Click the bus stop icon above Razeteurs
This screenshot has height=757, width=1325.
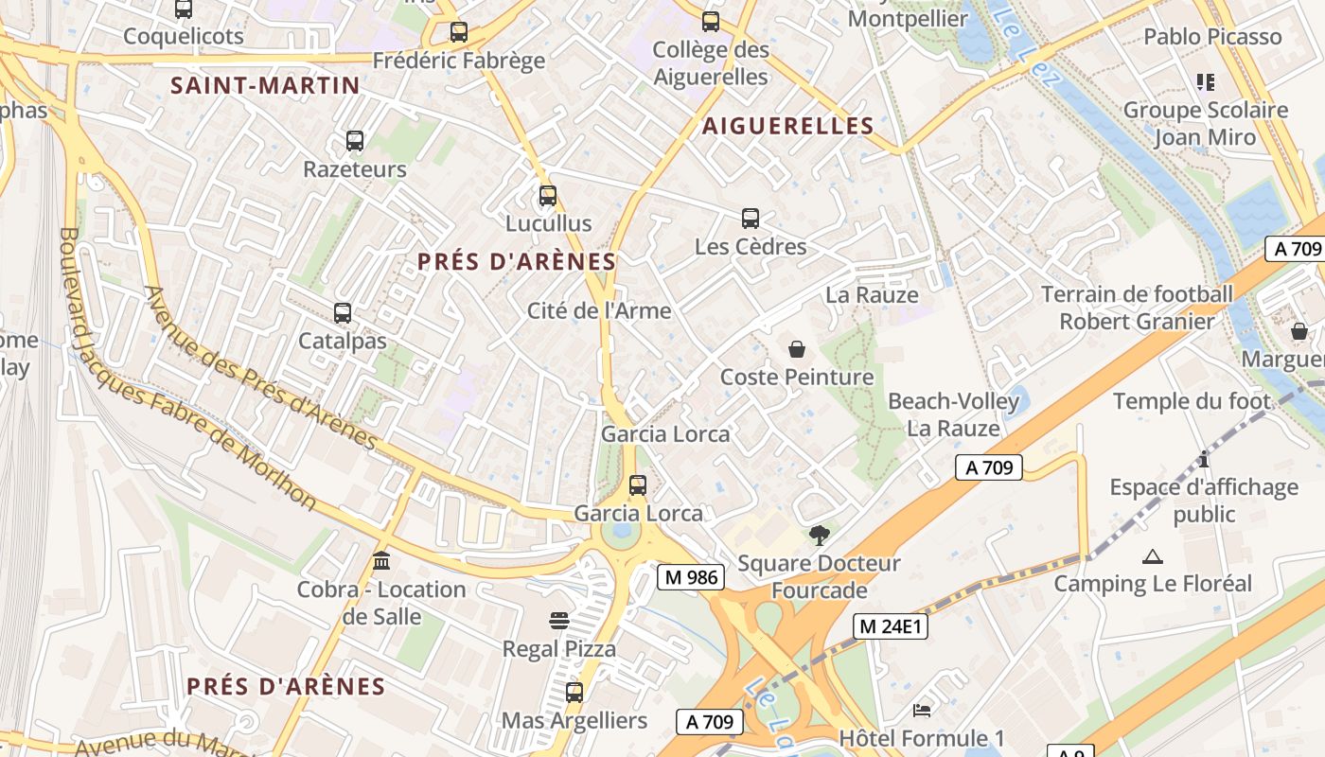[x=355, y=141]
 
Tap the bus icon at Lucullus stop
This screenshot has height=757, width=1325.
[x=547, y=196]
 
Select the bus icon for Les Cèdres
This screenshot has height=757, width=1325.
[x=751, y=219]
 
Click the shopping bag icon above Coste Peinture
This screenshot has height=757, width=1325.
[x=797, y=349]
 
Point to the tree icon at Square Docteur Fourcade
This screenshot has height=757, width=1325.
[x=819, y=536]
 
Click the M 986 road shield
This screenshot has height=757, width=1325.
[x=691, y=576]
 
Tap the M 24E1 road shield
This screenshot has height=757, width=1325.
[x=891, y=625]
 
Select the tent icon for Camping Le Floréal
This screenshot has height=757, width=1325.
[x=1152, y=556]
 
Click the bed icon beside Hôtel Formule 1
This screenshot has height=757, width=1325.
[x=922, y=710]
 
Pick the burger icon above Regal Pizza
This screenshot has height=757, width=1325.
[x=559, y=621]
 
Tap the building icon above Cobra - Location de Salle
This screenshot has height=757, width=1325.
[x=381, y=561]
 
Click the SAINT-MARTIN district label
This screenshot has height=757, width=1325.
[x=265, y=86]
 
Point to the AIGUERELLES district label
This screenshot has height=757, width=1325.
[x=787, y=126]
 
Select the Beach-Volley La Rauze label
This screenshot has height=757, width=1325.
[x=953, y=414]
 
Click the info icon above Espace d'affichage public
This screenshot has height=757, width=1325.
[x=1204, y=460]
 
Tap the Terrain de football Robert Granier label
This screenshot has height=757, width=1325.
[x=1137, y=308]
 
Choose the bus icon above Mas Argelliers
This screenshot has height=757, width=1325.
[x=574, y=692]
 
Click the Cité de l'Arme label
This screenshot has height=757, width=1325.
[x=598, y=310]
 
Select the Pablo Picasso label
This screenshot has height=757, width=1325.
[x=1212, y=37]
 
